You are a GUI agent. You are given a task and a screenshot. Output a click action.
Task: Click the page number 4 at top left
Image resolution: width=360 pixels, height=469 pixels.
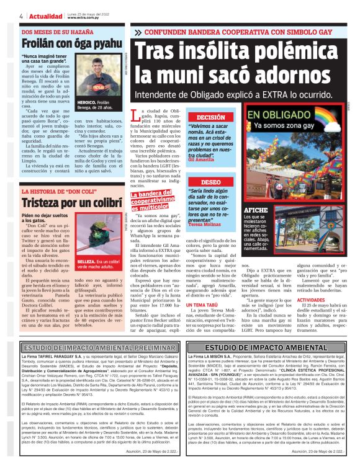[22, 16]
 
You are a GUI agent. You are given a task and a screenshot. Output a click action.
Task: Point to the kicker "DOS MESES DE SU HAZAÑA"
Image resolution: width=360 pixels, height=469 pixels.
[54, 31]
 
